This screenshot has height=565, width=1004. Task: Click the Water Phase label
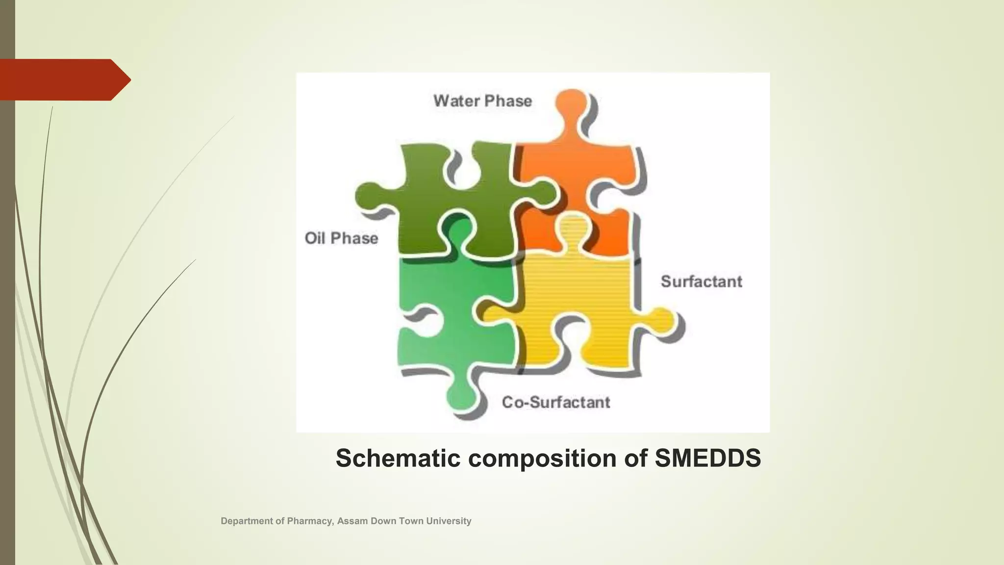482,101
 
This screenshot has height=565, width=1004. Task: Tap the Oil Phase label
341,238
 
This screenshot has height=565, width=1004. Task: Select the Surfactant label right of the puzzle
701,282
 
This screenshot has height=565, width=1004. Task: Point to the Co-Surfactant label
556,402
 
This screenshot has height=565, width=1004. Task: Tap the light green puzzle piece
441,304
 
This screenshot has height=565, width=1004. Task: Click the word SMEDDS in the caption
707,458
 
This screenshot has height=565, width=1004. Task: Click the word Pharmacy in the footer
309,521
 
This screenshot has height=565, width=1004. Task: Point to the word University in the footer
449,521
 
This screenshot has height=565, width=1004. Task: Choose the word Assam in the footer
352,521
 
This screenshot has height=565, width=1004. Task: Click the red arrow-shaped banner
64,79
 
